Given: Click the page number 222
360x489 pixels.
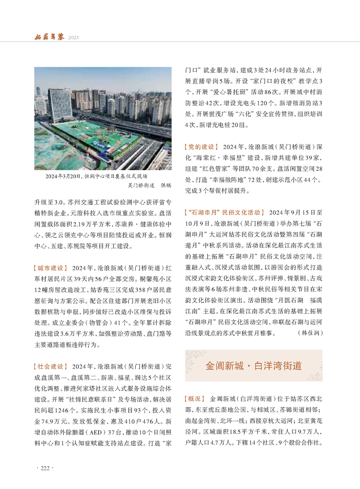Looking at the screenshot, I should coord(44,469).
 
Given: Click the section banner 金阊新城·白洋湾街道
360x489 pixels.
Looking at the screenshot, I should coord(254,366).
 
